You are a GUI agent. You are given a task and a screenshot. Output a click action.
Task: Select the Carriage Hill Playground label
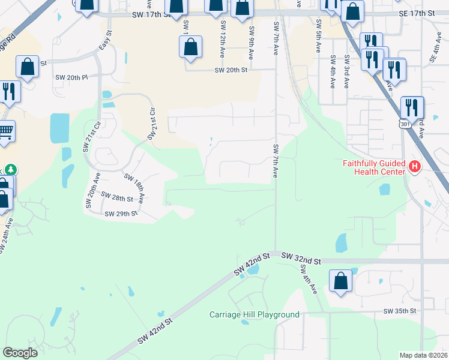[254, 314]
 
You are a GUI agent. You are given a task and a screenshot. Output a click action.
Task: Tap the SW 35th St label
[400, 311]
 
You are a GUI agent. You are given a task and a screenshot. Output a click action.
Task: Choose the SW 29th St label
[121, 214]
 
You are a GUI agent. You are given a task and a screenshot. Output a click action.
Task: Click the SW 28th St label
[116, 196]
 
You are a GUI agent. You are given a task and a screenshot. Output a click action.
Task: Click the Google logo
[20, 352]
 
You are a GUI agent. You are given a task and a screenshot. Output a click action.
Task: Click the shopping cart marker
[5, 131]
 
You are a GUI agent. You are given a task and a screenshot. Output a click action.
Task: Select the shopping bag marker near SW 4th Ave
[340, 281]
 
